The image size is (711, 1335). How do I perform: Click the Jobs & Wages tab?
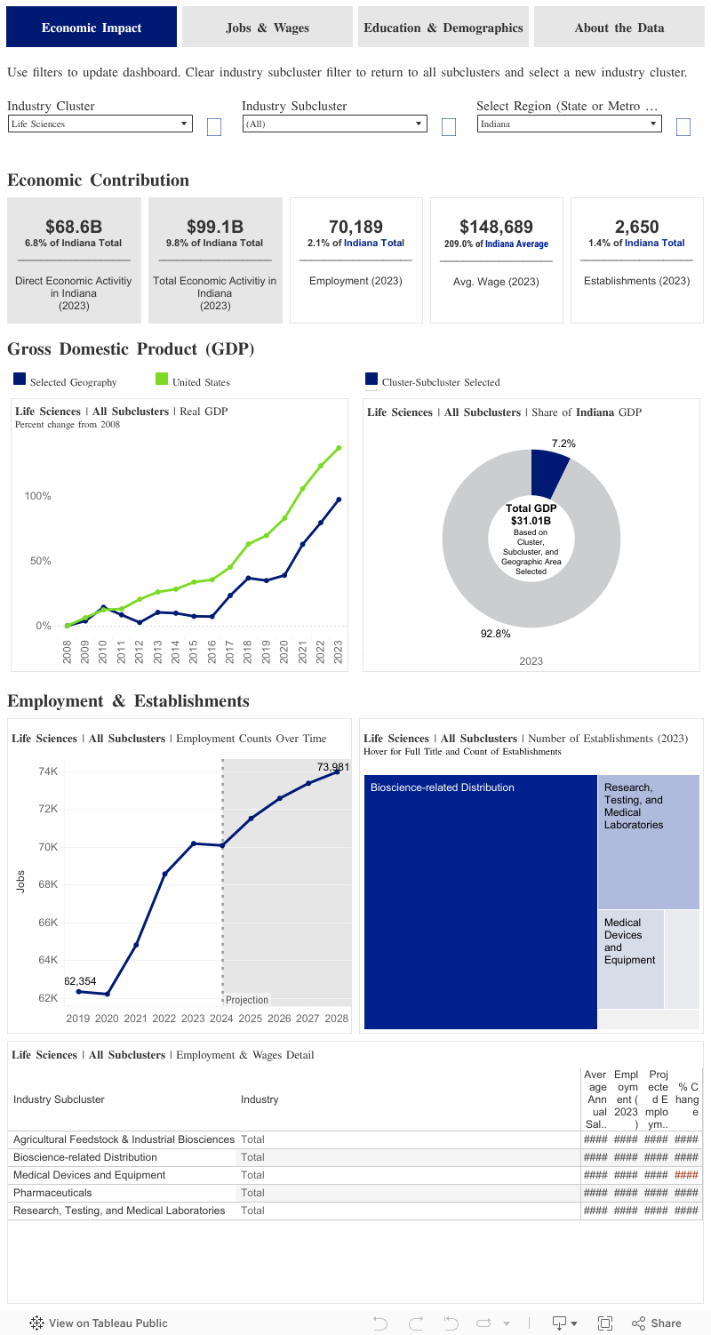pyautogui.click(x=268, y=28)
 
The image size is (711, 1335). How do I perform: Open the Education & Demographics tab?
pyautogui.click(x=443, y=28)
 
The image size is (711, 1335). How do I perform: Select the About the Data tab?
pyautogui.click(x=619, y=28)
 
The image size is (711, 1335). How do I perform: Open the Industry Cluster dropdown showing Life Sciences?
pyautogui.click(x=100, y=124)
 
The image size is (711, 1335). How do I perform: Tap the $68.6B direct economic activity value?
pyautogui.click(x=74, y=227)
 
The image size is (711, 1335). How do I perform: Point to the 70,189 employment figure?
pyautogui.click(x=355, y=227)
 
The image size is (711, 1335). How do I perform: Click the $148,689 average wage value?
pyautogui.click(x=496, y=227)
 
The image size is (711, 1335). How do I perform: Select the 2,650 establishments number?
pyautogui.click(x=636, y=227)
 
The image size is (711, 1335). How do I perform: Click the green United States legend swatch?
pyautogui.click(x=162, y=380)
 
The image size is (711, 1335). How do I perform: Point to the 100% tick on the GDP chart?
pyautogui.click(x=36, y=496)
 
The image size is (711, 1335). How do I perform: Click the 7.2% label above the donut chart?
pyautogui.click(x=563, y=443)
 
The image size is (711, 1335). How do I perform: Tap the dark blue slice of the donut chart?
pyautogui.click(x=547, y=471)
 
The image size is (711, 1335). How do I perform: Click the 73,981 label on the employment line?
pyautogui.click(x=332, y=766)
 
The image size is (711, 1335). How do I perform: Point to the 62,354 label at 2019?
pyautogui.click(x=80, y=981)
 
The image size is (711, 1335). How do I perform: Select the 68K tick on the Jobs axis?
pyautogui.click(x=48, y=884)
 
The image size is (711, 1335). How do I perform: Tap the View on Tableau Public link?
pyautogui.click(x=99, y=1323)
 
